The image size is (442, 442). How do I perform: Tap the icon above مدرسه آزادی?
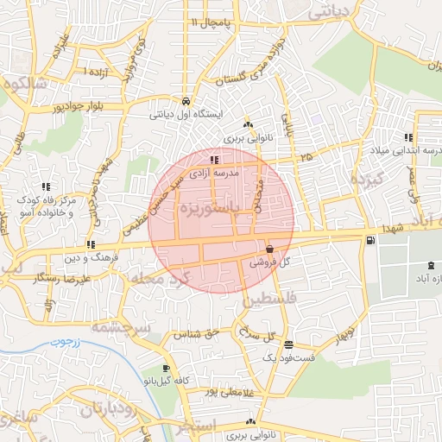[x=213, y=160]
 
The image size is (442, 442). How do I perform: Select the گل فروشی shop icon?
[x=270, y=248]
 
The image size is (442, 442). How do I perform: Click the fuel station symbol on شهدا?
[x=370, y=240]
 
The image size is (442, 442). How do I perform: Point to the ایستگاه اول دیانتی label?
[x=186, y=113]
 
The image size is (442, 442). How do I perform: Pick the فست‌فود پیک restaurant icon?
[x=287, y=344]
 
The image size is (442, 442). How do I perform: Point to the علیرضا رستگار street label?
[x=58, y=281]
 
